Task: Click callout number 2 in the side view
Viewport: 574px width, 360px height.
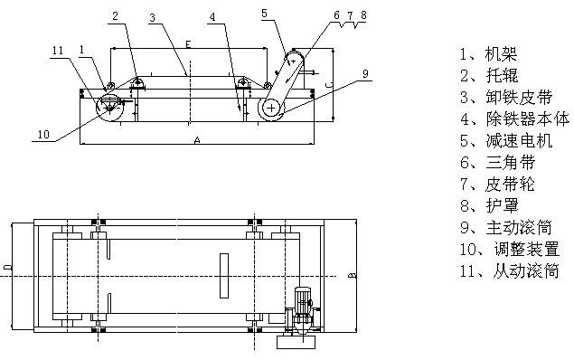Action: click(x=116, y=16)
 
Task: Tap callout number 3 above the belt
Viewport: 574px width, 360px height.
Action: click(x=152, y=17)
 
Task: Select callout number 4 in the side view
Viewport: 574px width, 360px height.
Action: click(x=212, y=17)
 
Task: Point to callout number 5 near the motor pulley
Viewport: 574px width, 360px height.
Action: click(x=264, y=14)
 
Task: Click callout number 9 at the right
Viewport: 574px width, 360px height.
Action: click(x=365, y=73)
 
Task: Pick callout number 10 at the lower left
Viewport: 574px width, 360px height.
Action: click(x=43, y=135)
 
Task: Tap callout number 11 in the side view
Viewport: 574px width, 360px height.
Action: click(x=58, y=51)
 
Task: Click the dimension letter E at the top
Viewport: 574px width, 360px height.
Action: click(x=188, y=44)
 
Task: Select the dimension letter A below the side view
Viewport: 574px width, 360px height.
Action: click(x=197, y=140)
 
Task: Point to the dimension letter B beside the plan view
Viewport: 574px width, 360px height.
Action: click(x=352, y=275)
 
